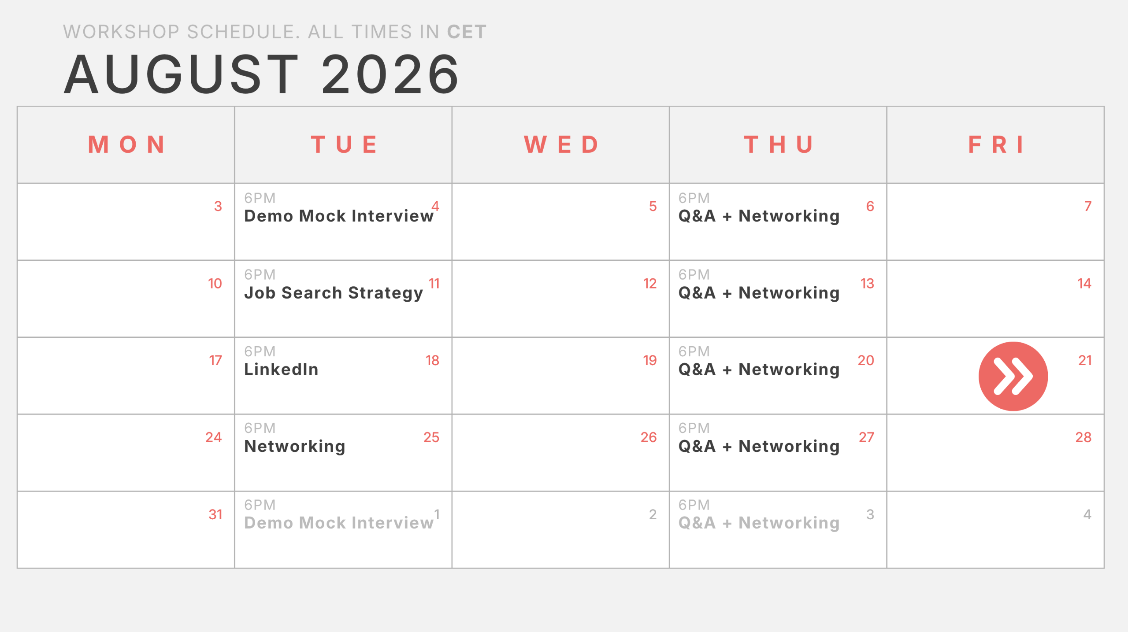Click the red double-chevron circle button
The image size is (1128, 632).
pyautogui.click(x=1013, y=376)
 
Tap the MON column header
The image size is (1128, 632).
pyautogui.click(x=127, y=144)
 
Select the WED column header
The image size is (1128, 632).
pyautogui.click(x=561, y=144)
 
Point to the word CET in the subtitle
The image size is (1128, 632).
pyautogui.click(x=467, y=32)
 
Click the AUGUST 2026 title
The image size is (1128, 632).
pyautogui.click(x=262, y=74)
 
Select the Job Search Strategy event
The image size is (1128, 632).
pyautogui.click(x=334, y=293)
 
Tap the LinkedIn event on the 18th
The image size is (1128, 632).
pyautogui.click(x=281, y=369)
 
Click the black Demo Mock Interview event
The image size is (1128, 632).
pyautogui.click(x=339, y=216)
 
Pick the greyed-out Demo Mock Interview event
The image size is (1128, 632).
pyautogui.click(x=339, y=523)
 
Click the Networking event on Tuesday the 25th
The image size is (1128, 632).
pyautogui.click(x=295, y=447)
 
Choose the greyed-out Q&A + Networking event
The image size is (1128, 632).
pyautogui.click(x=759, y=523)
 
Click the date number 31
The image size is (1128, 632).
pyautogui.click(x=215, y=514)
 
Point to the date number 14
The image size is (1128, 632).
pyautogui.click(x=1084, y=283)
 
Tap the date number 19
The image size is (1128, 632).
pyautogui.click(x=650, y=360)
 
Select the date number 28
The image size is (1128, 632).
pyautogui.click(x=1083, y=437)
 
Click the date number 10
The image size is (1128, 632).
pyautogui.click(x=215, y=283)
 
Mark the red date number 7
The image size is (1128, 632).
pyautogui.click(x=1088, y=206)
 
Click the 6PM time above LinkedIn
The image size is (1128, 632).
pyautogui.click(x=260, y=351)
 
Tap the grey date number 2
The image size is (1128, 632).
pyautogui.click(x=653, y=514)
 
